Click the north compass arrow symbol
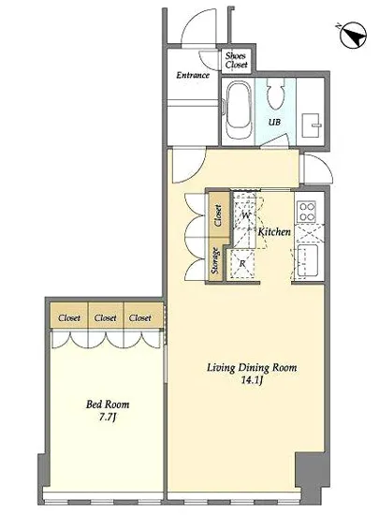point(353,36)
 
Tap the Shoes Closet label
point(236,60)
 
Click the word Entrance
point(193,75)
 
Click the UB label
point(274,122)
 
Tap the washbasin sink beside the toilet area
point(311,125)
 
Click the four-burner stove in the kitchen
point(306,212)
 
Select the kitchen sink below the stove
point(308,261)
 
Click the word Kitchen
point(274,232)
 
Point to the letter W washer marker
point(246,215)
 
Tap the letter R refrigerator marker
point(242,263)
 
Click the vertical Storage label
point(215,261)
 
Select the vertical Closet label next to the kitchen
point(218,215)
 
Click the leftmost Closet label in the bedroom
point(69,318)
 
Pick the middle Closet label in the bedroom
point(106,318)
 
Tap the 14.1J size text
point(252,380)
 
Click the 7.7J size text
point(108,418)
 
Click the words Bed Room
point(108,404)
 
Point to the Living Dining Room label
point(252,368)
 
